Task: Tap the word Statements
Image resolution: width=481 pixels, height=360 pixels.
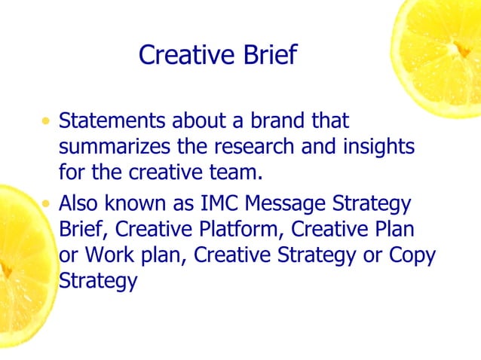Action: (x=113, y=121)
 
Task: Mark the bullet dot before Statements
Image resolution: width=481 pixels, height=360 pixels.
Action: (x=48, y=121)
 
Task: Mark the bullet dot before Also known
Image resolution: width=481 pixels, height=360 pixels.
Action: (x=48, y=204)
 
